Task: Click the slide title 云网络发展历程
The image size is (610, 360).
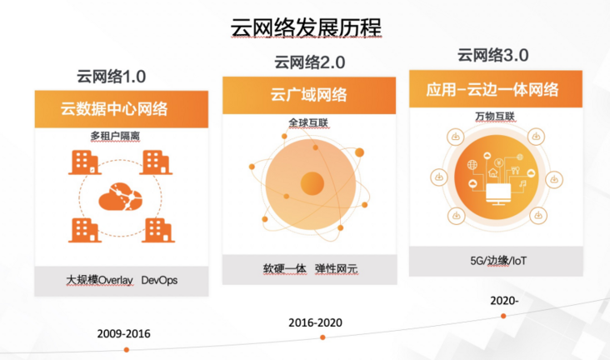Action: (x=306, y=27)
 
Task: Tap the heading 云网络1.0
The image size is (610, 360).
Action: (x=112, y=77)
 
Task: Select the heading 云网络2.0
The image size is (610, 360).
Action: (x=310, y=62)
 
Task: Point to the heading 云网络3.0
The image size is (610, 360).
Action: (x=492, y=55)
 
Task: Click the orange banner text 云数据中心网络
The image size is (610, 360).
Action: (x=114, y=109)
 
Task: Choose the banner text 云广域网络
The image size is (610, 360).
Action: (x=309, y=95)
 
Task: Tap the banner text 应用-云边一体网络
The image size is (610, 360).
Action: (x=492, y=90)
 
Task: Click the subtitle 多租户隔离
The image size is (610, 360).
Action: (x=115, y=136)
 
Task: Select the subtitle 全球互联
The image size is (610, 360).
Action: (x=308, y=123)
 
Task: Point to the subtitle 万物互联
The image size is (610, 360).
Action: (x=495, y=117)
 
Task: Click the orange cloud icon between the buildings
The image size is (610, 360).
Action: (x=121, y=197)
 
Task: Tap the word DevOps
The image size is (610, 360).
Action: (x=159, y=280)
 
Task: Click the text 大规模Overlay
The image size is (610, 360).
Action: (x=100, y=280)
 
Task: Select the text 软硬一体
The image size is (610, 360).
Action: (x=284, y=268)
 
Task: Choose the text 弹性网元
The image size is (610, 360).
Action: (x=336, y=268)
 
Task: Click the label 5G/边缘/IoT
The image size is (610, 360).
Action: (x=498, y=260)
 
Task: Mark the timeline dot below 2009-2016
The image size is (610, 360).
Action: (x=127, y=350)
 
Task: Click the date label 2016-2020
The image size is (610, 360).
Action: (x=316, y=322)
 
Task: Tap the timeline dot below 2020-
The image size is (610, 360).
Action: (x=503, y=316)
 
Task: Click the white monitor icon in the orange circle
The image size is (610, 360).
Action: (x=498, y=194)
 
